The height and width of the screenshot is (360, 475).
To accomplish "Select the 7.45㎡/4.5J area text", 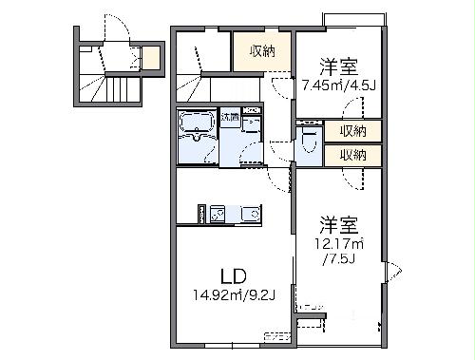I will pyautogui.click(x=338, y=85).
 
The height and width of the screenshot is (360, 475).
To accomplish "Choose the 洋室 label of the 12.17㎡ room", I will pyautogui.click(x=338, y=226).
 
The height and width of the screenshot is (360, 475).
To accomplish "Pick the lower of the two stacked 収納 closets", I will pyautogui.click(x=353, y=154).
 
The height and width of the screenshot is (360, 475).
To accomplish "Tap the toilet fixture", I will pyautogui.click(x=307, y=142).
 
